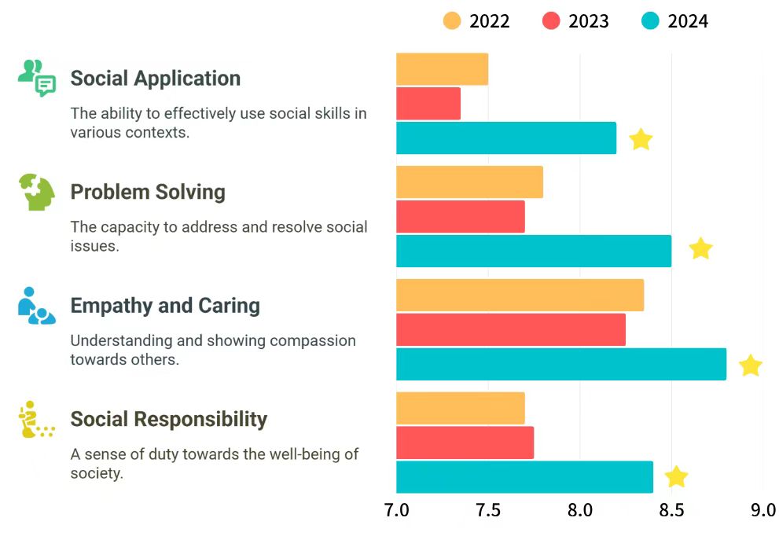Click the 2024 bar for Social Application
coord(505,138)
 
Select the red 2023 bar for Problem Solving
coord(460,216)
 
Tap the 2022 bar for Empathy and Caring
coord(520,295)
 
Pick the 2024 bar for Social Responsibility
coord(524,477)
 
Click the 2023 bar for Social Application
coord(428,104)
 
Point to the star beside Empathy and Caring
coord(751,366)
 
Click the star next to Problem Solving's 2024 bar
coord(700,249)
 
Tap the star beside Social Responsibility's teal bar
coord(676,477)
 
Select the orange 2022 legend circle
coord(452,20)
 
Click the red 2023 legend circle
coord(551,20)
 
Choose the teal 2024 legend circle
coord(650,20)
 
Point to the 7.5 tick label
coord(488,510)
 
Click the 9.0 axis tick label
coord(763,510)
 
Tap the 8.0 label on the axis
coord(580,510)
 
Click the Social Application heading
coord(156,79)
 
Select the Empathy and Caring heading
coord(165,305)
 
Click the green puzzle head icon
coord(36,193)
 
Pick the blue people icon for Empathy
coord(36,306)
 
